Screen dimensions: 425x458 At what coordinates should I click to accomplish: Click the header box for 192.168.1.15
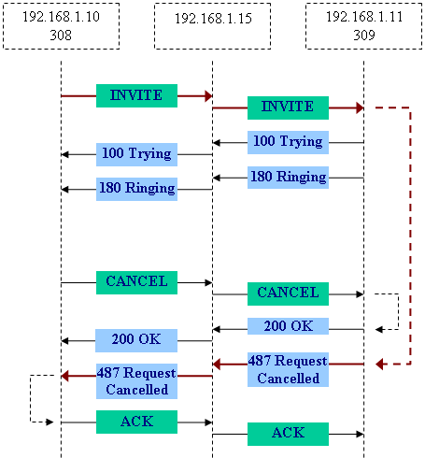pos(213,26)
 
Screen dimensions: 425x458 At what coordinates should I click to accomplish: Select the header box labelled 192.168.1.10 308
pos(62,26)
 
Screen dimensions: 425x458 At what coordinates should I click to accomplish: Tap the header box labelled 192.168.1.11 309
pos(364,26)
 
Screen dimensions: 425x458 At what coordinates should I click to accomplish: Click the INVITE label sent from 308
pos(136,95)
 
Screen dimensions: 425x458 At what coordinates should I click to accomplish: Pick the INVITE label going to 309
pos(288,107)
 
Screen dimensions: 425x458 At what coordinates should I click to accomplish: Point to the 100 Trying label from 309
pos(288,142)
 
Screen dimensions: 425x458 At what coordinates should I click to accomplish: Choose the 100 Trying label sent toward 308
pos(136,154)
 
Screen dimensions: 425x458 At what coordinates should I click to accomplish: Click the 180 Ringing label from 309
pos(288,178)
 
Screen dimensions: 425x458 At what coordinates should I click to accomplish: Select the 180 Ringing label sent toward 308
pos(136,189)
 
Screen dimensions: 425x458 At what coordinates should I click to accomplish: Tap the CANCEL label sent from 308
pos(136,282)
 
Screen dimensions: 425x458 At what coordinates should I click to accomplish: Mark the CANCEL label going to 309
pos(288,293)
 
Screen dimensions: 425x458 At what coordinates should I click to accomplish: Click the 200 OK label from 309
pos(288,326)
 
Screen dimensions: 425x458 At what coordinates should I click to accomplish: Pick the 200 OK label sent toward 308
pos(136,340)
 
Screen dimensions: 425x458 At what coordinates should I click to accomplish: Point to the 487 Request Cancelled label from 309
pos(288,370)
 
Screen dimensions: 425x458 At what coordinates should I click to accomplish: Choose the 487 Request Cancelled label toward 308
pos(136,381)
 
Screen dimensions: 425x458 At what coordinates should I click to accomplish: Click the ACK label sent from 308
pos(136,422)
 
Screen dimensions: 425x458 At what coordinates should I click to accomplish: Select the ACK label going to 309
pos(288,434)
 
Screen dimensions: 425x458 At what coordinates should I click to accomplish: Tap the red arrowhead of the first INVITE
pos(208,96)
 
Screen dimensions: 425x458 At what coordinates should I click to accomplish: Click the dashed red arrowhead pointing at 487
pos(379,364)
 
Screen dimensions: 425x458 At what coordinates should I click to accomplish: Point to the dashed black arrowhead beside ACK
pos(50,422)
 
